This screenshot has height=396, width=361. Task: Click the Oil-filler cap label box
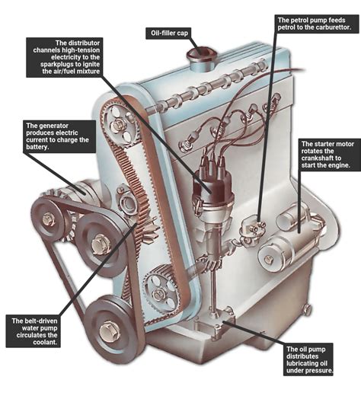point(168,34)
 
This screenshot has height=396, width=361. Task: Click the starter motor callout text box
point(327,158)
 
